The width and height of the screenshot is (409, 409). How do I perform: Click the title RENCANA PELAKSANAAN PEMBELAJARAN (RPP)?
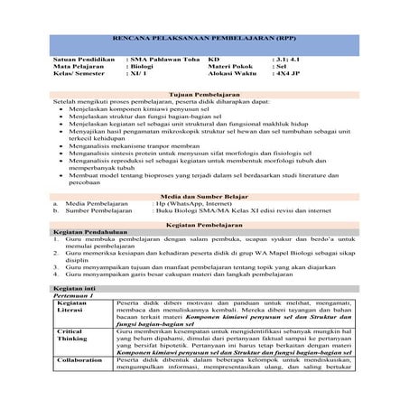coord(204,42)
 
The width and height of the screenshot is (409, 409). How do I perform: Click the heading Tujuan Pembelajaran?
coord(204,94)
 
